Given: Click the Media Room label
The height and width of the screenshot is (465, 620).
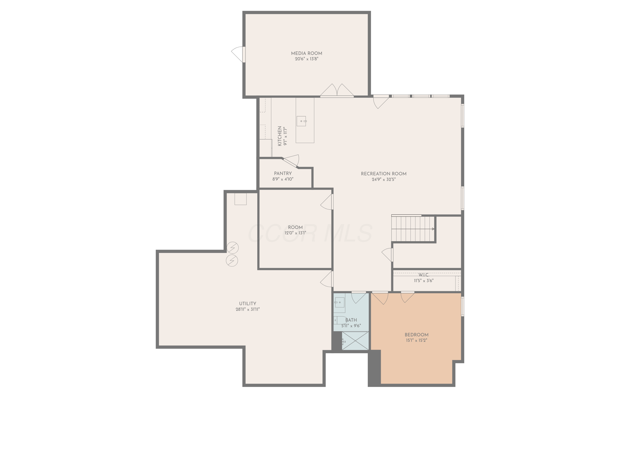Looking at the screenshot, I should tap(306, 53).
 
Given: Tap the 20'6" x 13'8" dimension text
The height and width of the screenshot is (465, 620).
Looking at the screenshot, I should tap(306, 59).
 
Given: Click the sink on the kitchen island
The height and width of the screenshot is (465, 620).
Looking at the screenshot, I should tap(301, 121).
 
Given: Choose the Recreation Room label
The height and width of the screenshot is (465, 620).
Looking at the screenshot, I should tap(383, 174).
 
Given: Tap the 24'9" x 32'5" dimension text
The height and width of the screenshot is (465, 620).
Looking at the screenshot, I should tap(383, 180).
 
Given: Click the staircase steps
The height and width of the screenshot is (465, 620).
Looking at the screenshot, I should tap(413, 229).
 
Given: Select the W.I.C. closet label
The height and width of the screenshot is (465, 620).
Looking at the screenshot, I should tap(423, 275).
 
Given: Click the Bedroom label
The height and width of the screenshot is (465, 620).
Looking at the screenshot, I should tap(416, 335).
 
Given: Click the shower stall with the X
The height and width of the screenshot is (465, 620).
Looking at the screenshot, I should tap(355, 341).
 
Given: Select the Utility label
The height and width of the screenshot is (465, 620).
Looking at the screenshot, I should tap(248, 304).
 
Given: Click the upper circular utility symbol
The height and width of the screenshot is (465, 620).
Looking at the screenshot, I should tap(232, 248).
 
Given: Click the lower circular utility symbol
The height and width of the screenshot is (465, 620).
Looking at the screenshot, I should tap(232, 261).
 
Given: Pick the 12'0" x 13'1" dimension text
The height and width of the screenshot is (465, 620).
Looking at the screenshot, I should tap(295, 233).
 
